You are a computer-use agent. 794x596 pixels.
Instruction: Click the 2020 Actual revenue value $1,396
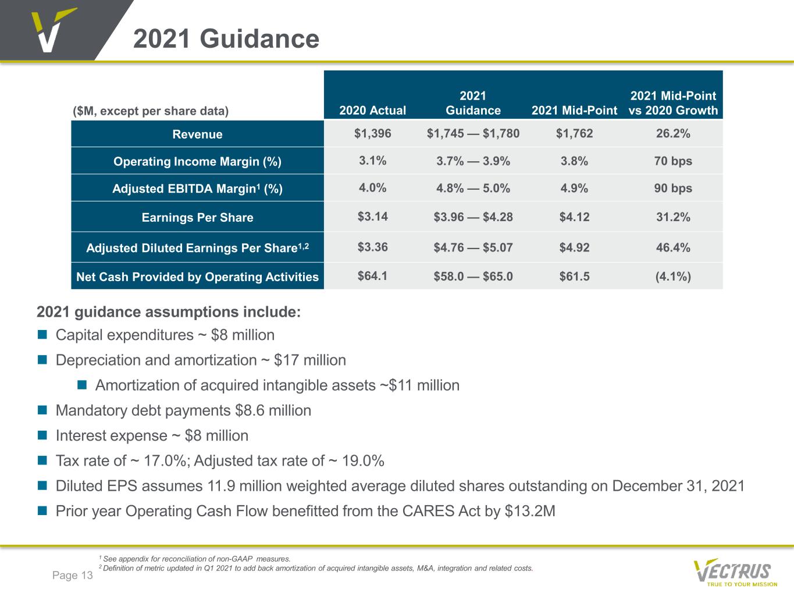click(372, 133)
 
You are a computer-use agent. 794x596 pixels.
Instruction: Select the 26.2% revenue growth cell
click(673, 133)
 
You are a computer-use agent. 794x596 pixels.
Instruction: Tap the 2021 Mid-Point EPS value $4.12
click(574, 217)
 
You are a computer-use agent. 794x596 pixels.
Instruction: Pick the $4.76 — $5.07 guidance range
click(473, 247)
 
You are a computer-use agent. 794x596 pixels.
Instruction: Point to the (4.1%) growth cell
click(673, 277)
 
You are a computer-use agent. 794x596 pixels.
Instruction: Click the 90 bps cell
click(673, 188)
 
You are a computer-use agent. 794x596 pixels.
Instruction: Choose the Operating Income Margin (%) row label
click(197, 161)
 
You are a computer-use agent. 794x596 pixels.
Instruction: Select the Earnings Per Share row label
click(197, 217)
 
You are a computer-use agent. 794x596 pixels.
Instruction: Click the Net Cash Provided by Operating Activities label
click(197, 277)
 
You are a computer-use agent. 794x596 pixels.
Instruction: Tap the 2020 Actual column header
click(372, 111)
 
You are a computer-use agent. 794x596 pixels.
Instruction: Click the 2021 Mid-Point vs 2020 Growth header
click(673, 103)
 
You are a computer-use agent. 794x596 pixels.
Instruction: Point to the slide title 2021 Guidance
click(226, 39)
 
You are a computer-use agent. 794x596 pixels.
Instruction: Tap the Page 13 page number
click(72, 575)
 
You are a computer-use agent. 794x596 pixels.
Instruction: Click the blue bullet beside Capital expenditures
click(42, 334)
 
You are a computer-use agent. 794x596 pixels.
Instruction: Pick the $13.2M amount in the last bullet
click(530, 511)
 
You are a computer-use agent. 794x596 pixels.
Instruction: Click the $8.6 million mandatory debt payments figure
click(273, 410)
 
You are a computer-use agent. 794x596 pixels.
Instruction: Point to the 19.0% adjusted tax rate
click(363, 460)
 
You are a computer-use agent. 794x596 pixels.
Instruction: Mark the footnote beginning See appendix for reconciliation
click(195, 559)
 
